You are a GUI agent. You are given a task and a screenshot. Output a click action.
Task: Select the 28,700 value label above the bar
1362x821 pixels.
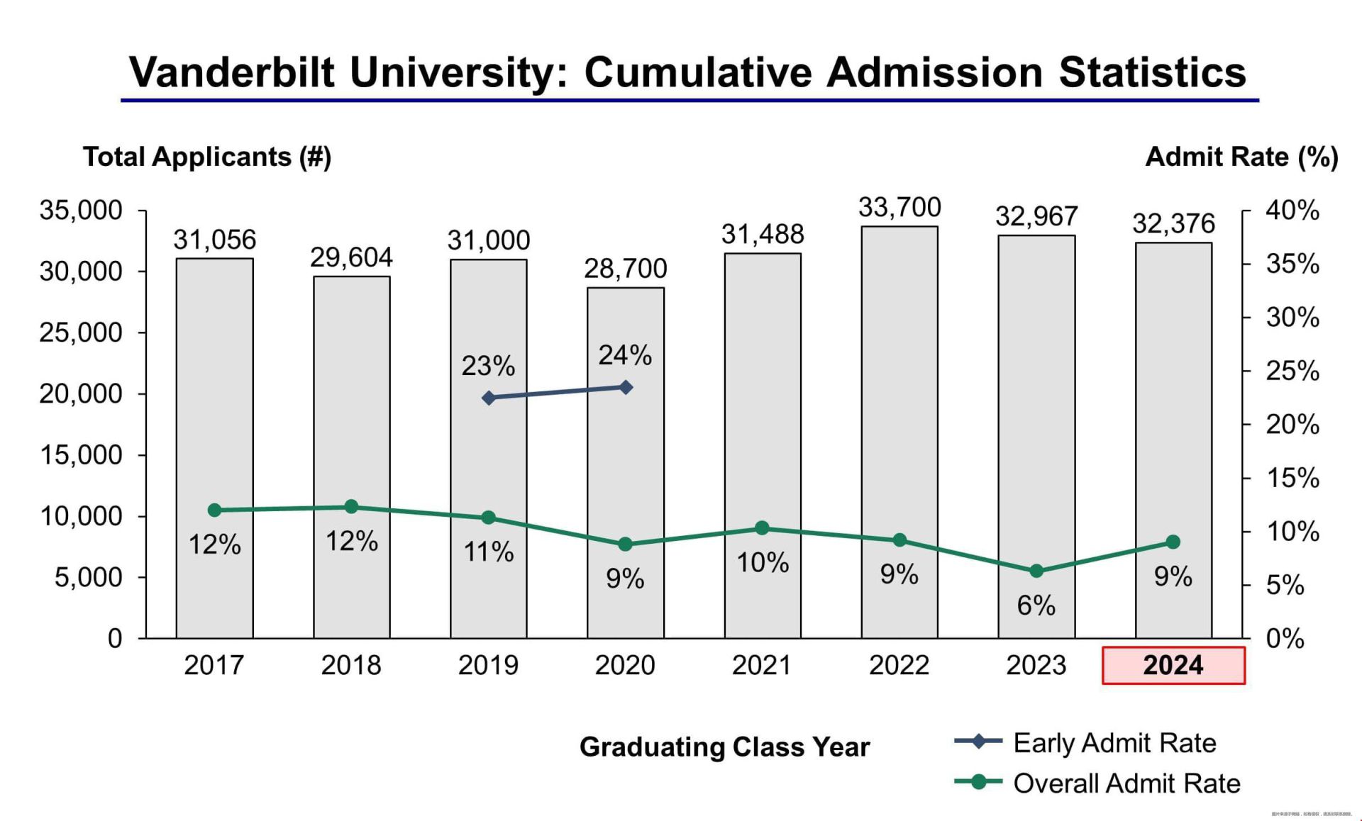[625, 269]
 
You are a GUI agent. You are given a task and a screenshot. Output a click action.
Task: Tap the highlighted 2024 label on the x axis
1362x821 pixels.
[1173, 665]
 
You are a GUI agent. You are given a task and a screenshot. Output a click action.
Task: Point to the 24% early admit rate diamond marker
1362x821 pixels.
[626, 387]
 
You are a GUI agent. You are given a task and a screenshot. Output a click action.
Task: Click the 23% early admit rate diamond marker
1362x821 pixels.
[489, 398]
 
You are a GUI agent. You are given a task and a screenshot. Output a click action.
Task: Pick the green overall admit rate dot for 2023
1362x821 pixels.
[1036, 571]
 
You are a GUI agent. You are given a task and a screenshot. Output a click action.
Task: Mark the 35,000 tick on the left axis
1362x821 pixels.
[80, 211]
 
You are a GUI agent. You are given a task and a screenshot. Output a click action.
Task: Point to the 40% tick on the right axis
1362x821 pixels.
[1292, 211]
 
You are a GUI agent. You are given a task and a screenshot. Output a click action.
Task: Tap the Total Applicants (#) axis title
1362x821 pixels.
[207, 157]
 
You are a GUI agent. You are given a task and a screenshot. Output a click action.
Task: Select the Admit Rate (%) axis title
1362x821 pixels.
[1241, 157]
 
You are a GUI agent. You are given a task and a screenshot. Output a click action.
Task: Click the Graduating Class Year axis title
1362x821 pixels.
[724, 747]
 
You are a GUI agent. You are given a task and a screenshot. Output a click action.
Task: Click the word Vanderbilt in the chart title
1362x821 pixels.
[231, 72]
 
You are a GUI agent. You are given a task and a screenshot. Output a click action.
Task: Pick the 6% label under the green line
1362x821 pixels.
[1036, 605]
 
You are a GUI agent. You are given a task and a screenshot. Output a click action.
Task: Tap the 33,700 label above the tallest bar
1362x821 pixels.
[899, 208]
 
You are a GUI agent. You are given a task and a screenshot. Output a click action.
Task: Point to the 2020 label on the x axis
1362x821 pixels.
[625, 665]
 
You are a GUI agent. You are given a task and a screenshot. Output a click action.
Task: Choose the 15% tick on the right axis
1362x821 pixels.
[1292, 479]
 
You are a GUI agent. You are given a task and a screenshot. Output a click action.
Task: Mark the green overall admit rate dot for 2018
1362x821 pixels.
[351, 506]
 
